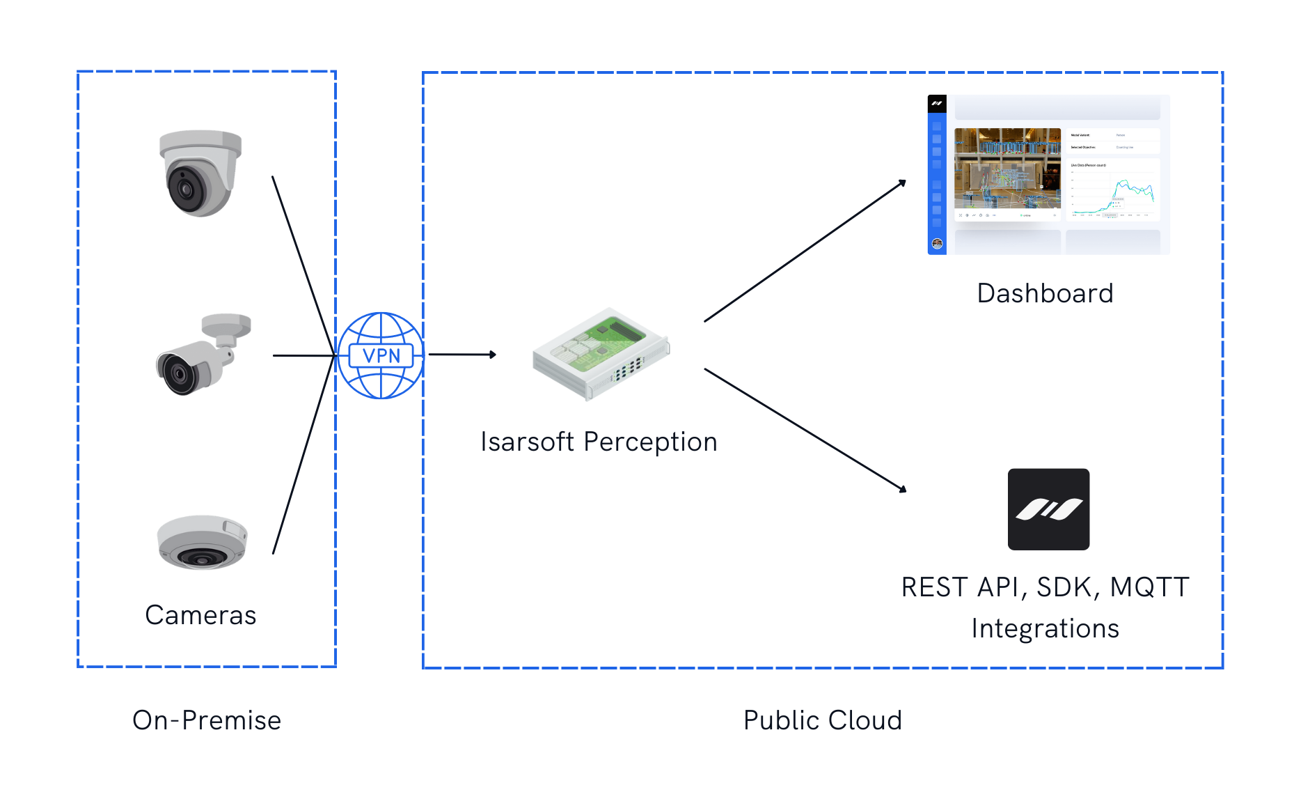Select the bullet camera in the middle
point(202,355)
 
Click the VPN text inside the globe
point(381,356)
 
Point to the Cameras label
point(200,615)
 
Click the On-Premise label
point(207,720)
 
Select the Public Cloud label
point(822,720)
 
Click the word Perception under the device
point(650,442)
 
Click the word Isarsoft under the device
point(527,442)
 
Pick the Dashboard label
point(1045,293)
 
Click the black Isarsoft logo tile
point(1048,509)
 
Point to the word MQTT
point(1149,587)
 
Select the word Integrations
point(1045,628)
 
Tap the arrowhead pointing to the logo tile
point(903,489)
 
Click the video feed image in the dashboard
point(1007,168)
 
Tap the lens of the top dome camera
point(185,189)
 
